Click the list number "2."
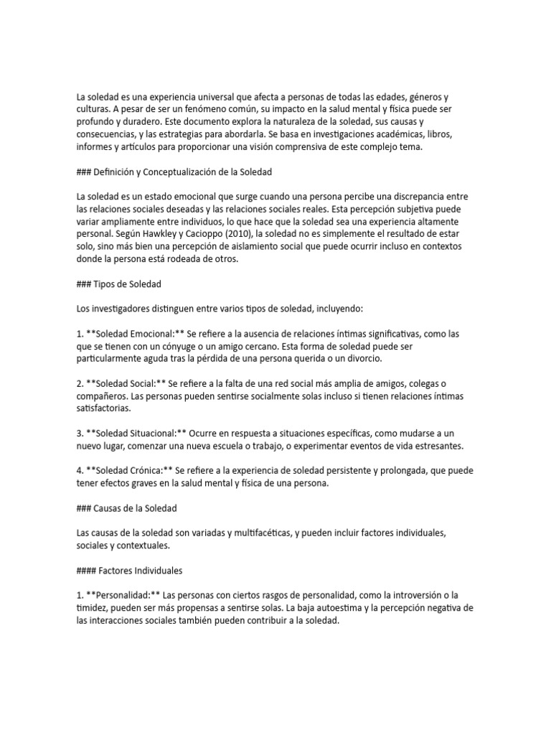[80, 383]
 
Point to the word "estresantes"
[438, 445]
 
